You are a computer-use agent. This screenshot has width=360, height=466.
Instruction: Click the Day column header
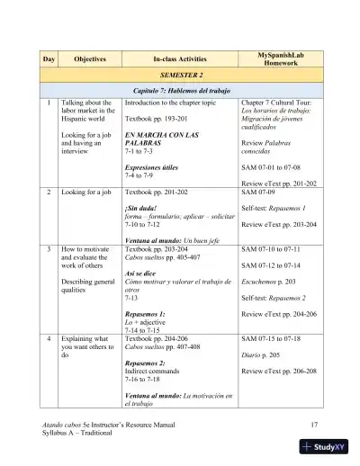tap(49, 58)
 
